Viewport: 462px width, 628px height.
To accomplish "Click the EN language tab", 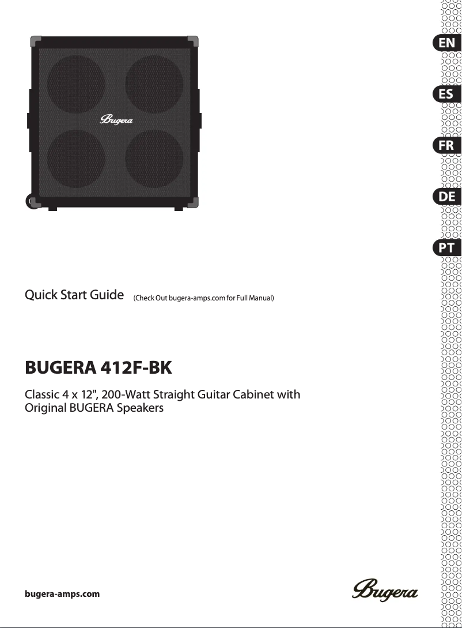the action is (446, 43).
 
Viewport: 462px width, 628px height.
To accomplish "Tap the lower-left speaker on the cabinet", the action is (77, 159).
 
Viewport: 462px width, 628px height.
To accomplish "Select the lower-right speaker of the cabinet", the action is (154, 159).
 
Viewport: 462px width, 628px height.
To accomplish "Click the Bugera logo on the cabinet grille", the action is (117, 121).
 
